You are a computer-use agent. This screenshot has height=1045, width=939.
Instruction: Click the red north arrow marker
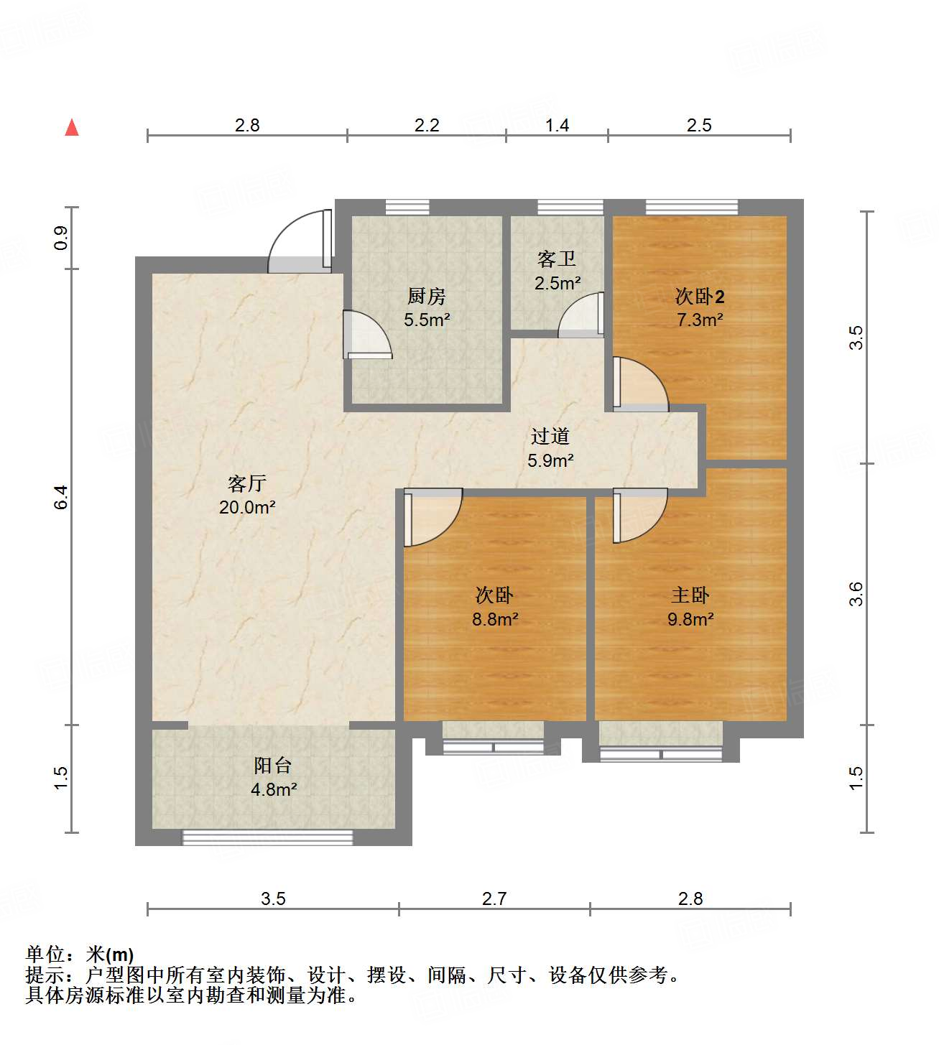[72, 128]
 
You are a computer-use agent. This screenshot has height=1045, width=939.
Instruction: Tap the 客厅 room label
[247, 483]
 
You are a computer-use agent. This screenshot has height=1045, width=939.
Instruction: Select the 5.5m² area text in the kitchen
[427, 320]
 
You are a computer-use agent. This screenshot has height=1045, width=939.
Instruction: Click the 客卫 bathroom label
[557, 259]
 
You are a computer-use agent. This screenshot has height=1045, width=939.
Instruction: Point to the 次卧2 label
[699, 296]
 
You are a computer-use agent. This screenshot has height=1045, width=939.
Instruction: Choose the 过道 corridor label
[550, 436]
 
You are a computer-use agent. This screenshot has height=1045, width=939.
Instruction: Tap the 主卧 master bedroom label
[690, 595]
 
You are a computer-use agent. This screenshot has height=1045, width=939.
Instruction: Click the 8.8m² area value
[495, 619]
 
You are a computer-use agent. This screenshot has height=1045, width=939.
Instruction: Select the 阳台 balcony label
[273, 766]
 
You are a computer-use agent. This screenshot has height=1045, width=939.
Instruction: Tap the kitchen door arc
[366, 334]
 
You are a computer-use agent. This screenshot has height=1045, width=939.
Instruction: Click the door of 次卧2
[639, 384]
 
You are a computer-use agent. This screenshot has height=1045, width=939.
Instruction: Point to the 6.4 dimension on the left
[62, 498]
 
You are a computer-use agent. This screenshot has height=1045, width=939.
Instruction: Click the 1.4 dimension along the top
[557, 126]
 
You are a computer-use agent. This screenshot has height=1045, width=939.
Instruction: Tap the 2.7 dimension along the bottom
[494, 898]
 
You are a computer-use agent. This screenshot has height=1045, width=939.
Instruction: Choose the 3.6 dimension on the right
[856, 594]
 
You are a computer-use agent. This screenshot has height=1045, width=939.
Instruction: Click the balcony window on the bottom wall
[267, 837]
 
